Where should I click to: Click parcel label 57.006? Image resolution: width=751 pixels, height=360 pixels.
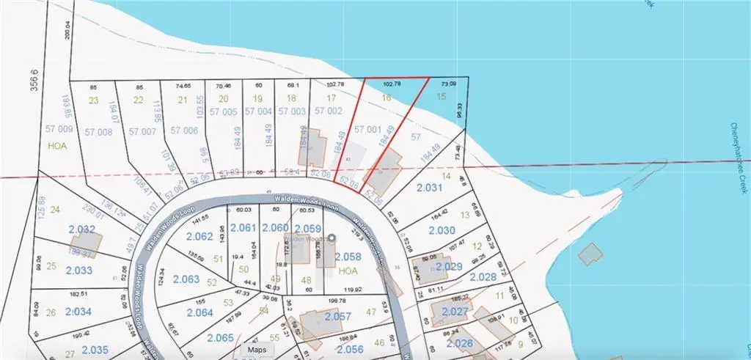[184, 131]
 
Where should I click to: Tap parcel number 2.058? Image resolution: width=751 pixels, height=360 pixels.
[348, 256]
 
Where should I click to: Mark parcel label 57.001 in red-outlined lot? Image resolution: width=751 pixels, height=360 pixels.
[368, 129]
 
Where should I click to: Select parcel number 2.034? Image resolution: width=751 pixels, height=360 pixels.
[77, 312]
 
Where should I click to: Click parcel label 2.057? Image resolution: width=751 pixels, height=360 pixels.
[339, 317]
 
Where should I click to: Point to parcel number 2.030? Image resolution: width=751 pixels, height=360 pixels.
[441, 230]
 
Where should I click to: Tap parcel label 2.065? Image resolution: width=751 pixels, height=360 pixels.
[220, 337]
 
